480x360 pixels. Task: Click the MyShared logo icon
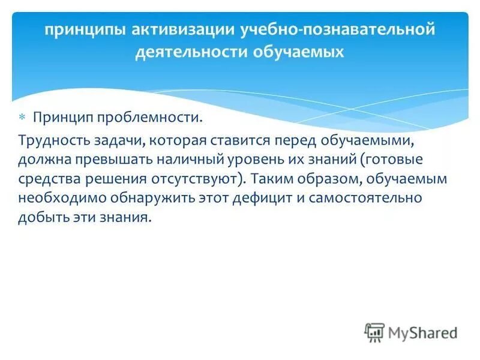pos(374,333)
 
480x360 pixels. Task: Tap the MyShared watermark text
pos(422,333)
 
